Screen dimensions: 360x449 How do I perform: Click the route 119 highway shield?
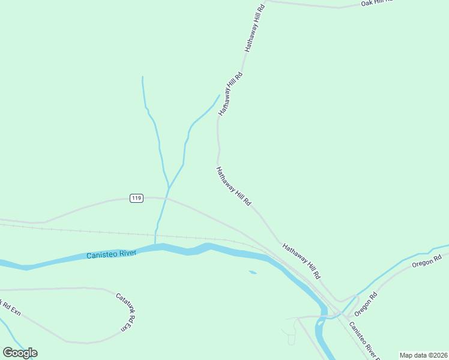pyautogui.click(x=136, y=198)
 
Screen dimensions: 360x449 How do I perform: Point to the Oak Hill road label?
pyautogui.click(x=376, y=3)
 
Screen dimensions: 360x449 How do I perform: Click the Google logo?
pyautogui.click(x=20, y=352)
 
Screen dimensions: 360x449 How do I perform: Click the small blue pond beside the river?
pyautogui.click(x=253, y=272)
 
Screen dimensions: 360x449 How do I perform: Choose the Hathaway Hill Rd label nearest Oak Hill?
pyautogui.click(x=254, y=28)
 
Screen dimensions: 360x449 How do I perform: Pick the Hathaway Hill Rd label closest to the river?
pyautogui.click(x=301, y=260)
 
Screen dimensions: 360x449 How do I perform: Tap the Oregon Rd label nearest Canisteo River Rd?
pyautogui.click(x=364, y=305)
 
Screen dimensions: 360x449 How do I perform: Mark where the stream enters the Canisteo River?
pyautogui.click(x=155, y=245)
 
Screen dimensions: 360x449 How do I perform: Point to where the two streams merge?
pyautogui.click(x=169, y=187)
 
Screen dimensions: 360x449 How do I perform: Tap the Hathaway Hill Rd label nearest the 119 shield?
pyautogui.click(x=234, y=187)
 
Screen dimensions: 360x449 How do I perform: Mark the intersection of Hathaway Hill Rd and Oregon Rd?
pyautogui.click(x=340, y=301)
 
